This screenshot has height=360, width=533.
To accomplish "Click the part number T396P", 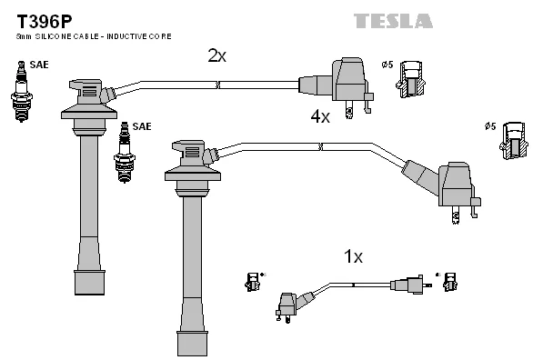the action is tap(45, 22).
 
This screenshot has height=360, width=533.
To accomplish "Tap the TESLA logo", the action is tap(393, 21).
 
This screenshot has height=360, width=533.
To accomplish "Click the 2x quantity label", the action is tap(216, 55).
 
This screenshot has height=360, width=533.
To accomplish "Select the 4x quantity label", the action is tap(320, 116).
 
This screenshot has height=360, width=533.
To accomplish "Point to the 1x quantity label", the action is tap(354, 256).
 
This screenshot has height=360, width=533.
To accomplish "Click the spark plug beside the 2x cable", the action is tap(22, 91).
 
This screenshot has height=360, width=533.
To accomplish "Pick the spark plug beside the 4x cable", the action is tap(125, 152).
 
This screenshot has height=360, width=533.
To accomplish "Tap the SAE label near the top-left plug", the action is tap(39, 65).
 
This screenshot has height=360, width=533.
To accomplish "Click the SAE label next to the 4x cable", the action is tap(142, 126).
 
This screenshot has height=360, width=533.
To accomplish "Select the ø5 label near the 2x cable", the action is tap(387, 65).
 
